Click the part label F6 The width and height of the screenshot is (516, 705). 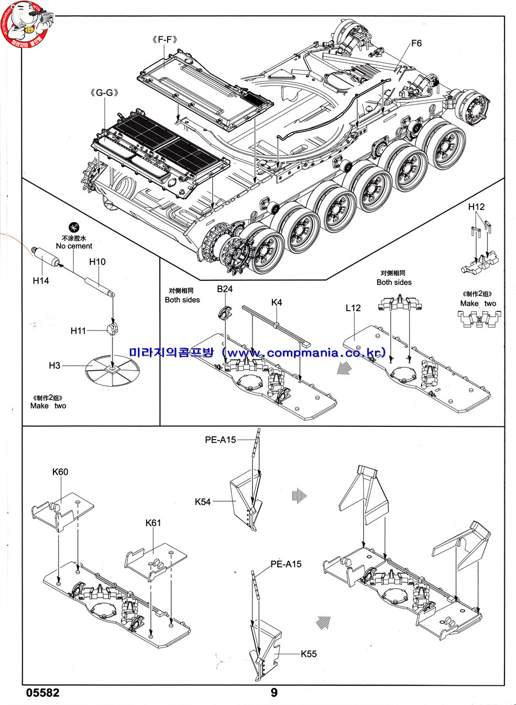[x=416, y=43]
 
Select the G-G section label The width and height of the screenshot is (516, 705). [x=104, y=93]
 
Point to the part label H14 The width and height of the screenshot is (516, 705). [x=41, y=280]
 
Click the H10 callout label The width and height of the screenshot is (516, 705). [x=97, y=262]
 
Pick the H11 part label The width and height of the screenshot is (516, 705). [x=79, y=330]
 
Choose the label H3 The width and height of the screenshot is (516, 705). [x=55, y=366]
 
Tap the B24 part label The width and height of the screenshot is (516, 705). [x=224, y=289]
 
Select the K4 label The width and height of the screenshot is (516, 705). [x=277, y=302]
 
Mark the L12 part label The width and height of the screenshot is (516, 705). [x=353, y=308]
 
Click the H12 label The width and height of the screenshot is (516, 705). [x=476, y=207]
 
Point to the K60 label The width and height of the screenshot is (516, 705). [x=61, y=472]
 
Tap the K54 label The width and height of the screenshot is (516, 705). [x=203, y=502]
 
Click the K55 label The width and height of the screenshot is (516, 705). [x=309, y=654]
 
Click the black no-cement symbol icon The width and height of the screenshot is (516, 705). [x=73, y=227]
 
